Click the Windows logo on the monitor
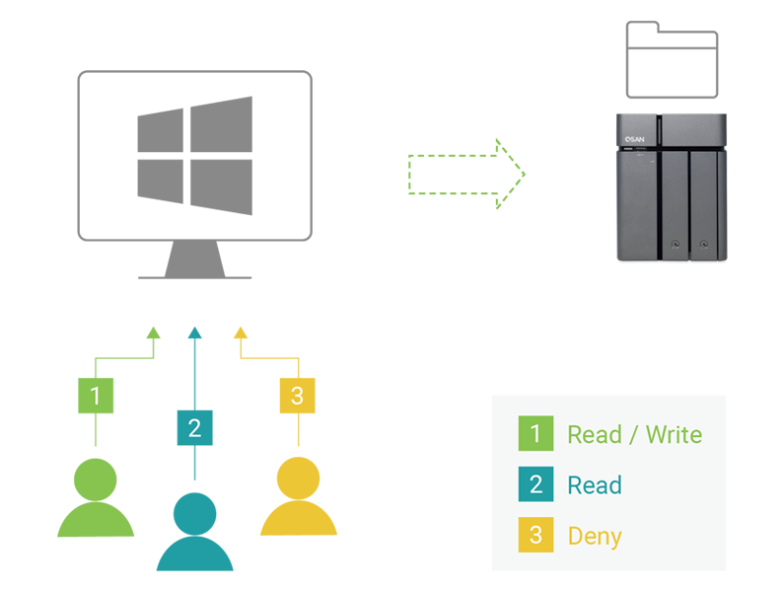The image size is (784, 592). [x=194, y=155]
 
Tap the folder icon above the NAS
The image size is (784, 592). [x=672, y=60]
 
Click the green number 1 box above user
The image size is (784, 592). [x=96, y=396]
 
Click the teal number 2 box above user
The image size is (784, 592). [x=194, y=427]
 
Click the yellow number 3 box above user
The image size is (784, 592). [x=298, y=396]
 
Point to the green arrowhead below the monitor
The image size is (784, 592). [x=153, y=333]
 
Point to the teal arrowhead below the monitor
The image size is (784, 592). [x=194, y=333]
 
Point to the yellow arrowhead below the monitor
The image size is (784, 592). [x=240, y=333]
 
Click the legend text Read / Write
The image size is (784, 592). [x=634, y=434]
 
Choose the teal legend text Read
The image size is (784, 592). [x=595, y=485]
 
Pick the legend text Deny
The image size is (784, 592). [x=595, y=537]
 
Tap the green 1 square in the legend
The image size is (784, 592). [x=535, y=434]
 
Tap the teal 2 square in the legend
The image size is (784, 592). [x=535, y=485]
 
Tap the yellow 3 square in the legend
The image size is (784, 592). [x=535, y=536]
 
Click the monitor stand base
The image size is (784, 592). [x=194, y=276]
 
